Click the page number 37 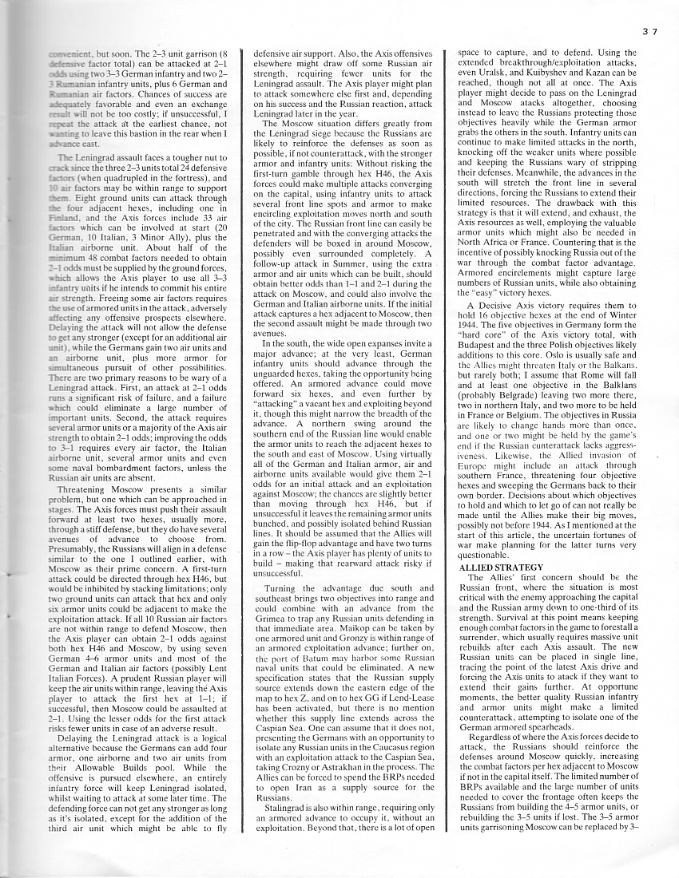tap(651, 33)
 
